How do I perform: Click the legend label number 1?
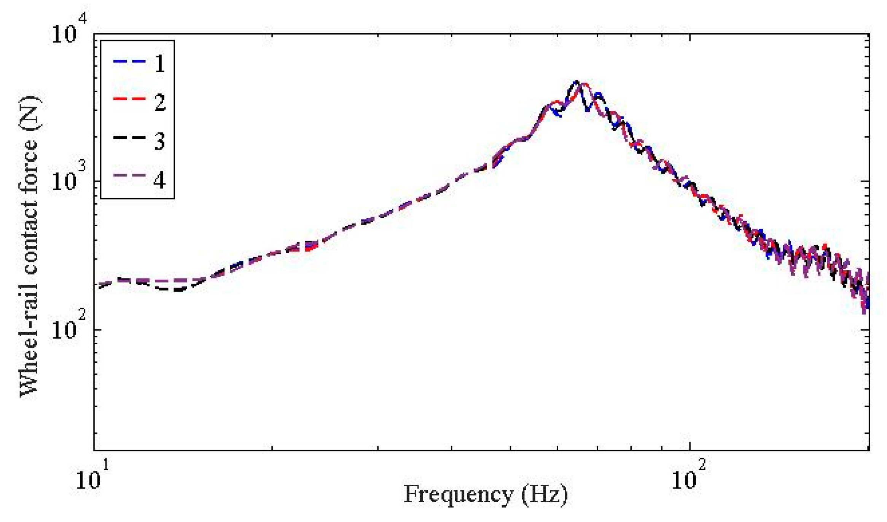[160, 64]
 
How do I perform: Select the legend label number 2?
[160, 102]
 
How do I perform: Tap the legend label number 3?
[160, 141]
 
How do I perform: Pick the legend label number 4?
[160, 180]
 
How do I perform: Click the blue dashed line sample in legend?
[129, 61]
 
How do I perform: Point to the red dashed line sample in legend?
[129, 99]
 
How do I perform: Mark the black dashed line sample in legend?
[129, 137]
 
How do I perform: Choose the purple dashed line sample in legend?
[129, 176]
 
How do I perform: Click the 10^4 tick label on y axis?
[68, 31]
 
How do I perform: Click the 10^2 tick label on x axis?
[689, 476]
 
